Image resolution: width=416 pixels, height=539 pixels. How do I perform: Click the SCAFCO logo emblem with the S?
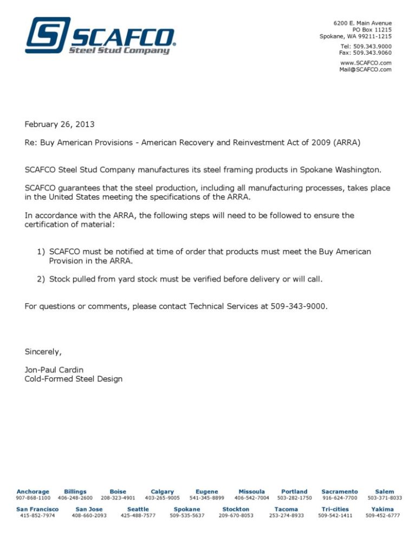point(48,35)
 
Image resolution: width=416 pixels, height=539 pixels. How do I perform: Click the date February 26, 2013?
point(60,124)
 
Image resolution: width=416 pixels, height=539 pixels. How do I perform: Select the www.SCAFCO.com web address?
point(366,63)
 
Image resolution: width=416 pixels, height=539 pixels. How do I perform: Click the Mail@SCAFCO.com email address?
point(365,69)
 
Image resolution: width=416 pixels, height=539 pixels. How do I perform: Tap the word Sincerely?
point(43,351)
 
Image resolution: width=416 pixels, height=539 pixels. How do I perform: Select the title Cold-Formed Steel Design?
point(74,379)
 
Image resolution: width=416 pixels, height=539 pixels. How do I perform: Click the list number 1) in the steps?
point(41,252)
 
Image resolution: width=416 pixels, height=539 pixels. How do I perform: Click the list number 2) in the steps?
point(41,279)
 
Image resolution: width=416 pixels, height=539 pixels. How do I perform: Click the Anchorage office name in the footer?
point(33,491)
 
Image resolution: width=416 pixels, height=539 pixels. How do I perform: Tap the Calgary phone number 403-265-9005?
point(162,498)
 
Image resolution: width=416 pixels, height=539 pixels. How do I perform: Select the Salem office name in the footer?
point(385,491)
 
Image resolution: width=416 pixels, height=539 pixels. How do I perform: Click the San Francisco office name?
point(37,509)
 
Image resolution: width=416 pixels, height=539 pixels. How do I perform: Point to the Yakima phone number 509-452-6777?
point(382,516)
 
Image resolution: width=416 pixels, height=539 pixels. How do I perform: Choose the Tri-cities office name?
point(335,509)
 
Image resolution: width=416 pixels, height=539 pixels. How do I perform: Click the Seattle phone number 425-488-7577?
point(138,516)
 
